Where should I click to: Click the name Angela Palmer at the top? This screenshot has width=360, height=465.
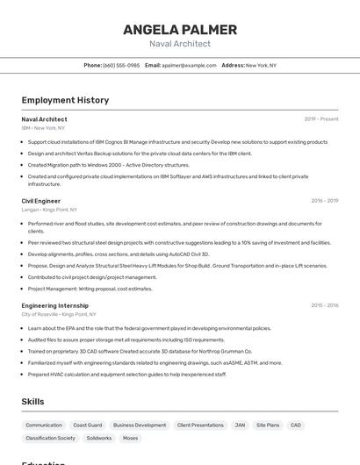[x=180, y=29]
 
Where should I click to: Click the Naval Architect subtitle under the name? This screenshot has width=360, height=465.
[x=180, y=43]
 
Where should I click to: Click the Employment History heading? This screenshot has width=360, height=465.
[x=65, y=100]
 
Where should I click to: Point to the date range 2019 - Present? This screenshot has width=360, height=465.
[x=320, y=118]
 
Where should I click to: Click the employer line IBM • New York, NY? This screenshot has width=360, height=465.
[x=43, y=127]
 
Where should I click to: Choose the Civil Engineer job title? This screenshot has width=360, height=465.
[x=41, y=201]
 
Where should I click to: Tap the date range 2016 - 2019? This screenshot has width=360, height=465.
[x=324, y=201]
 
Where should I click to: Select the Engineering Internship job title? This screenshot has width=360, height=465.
[x=55, y=305]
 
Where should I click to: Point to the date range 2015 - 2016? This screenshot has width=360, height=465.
[x=324, y=305]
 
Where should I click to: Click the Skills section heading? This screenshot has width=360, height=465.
[x=32, y=402]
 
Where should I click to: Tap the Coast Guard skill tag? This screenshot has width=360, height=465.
[x=88, y=425]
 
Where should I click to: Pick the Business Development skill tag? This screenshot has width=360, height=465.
[x=140, y=425]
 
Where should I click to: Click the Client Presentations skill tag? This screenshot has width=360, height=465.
[x=200, y=425]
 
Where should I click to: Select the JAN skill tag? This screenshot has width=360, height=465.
[x=240, y=425]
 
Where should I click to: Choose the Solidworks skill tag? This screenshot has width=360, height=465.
[x=99, y=438]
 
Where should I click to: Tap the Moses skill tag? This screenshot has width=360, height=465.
[x=130, y=438]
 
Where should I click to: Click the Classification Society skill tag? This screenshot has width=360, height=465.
[x=51, y=438]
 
